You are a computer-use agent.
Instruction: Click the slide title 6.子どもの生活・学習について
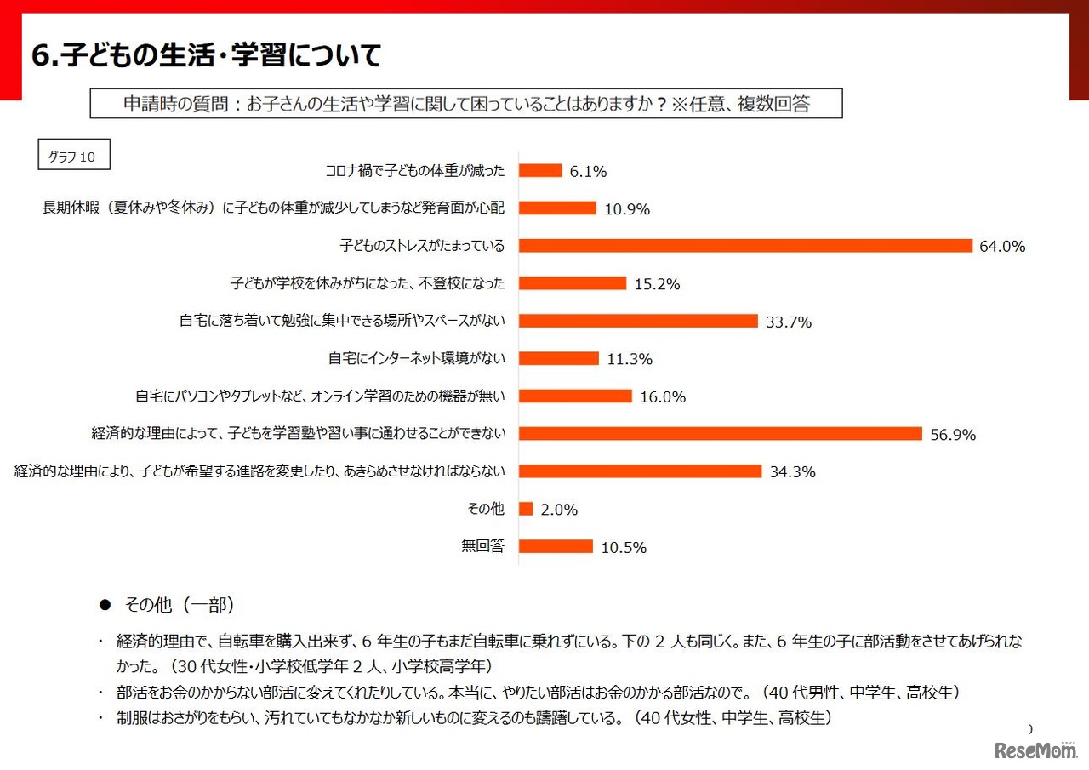coord(205,56)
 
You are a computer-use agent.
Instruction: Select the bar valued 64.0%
coord(745,246)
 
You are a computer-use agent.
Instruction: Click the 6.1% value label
coord(588,172)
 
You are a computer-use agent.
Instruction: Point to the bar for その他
coord(526,509)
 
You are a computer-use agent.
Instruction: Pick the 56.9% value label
coord(953,435)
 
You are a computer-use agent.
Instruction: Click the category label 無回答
coord(482,546)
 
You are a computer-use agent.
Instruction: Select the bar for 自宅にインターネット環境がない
coord(559,358)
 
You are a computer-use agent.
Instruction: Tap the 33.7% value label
coord(789,322)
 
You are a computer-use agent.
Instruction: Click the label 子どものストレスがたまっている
coord(422,246)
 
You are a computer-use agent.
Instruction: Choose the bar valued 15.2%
coord(573,283)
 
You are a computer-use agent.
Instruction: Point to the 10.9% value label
coord(627,209)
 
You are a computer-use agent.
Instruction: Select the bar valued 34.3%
coord(640,471)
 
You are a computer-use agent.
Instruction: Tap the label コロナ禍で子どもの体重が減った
coord(415,171)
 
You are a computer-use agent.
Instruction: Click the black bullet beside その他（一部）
coord(105,605)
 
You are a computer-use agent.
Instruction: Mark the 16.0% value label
coord(664,397)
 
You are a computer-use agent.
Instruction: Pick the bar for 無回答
coord(556,546)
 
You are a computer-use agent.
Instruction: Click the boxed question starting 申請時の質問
coord(466,104)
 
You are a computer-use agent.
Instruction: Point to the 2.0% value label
coord(559,510)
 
